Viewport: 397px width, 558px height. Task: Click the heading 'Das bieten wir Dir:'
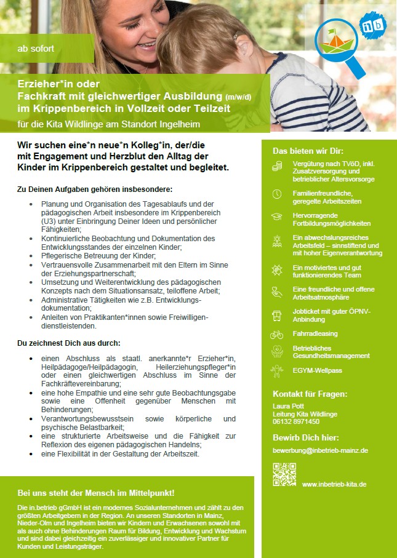308,151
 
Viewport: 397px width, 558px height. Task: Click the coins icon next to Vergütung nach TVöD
277,166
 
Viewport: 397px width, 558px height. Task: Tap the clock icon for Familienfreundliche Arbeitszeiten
277,194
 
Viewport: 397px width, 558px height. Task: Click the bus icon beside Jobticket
277,316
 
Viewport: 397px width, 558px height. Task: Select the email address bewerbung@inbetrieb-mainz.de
320,450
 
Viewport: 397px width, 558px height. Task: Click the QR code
284,474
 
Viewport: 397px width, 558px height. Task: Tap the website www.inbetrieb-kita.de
334,485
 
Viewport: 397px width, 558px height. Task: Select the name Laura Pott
288,407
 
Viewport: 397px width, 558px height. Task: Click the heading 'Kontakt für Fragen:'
310,394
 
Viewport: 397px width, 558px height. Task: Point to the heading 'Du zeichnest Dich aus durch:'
68,343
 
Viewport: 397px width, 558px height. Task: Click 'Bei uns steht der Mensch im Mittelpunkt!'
96,493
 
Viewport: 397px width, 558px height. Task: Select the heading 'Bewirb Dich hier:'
305,437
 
